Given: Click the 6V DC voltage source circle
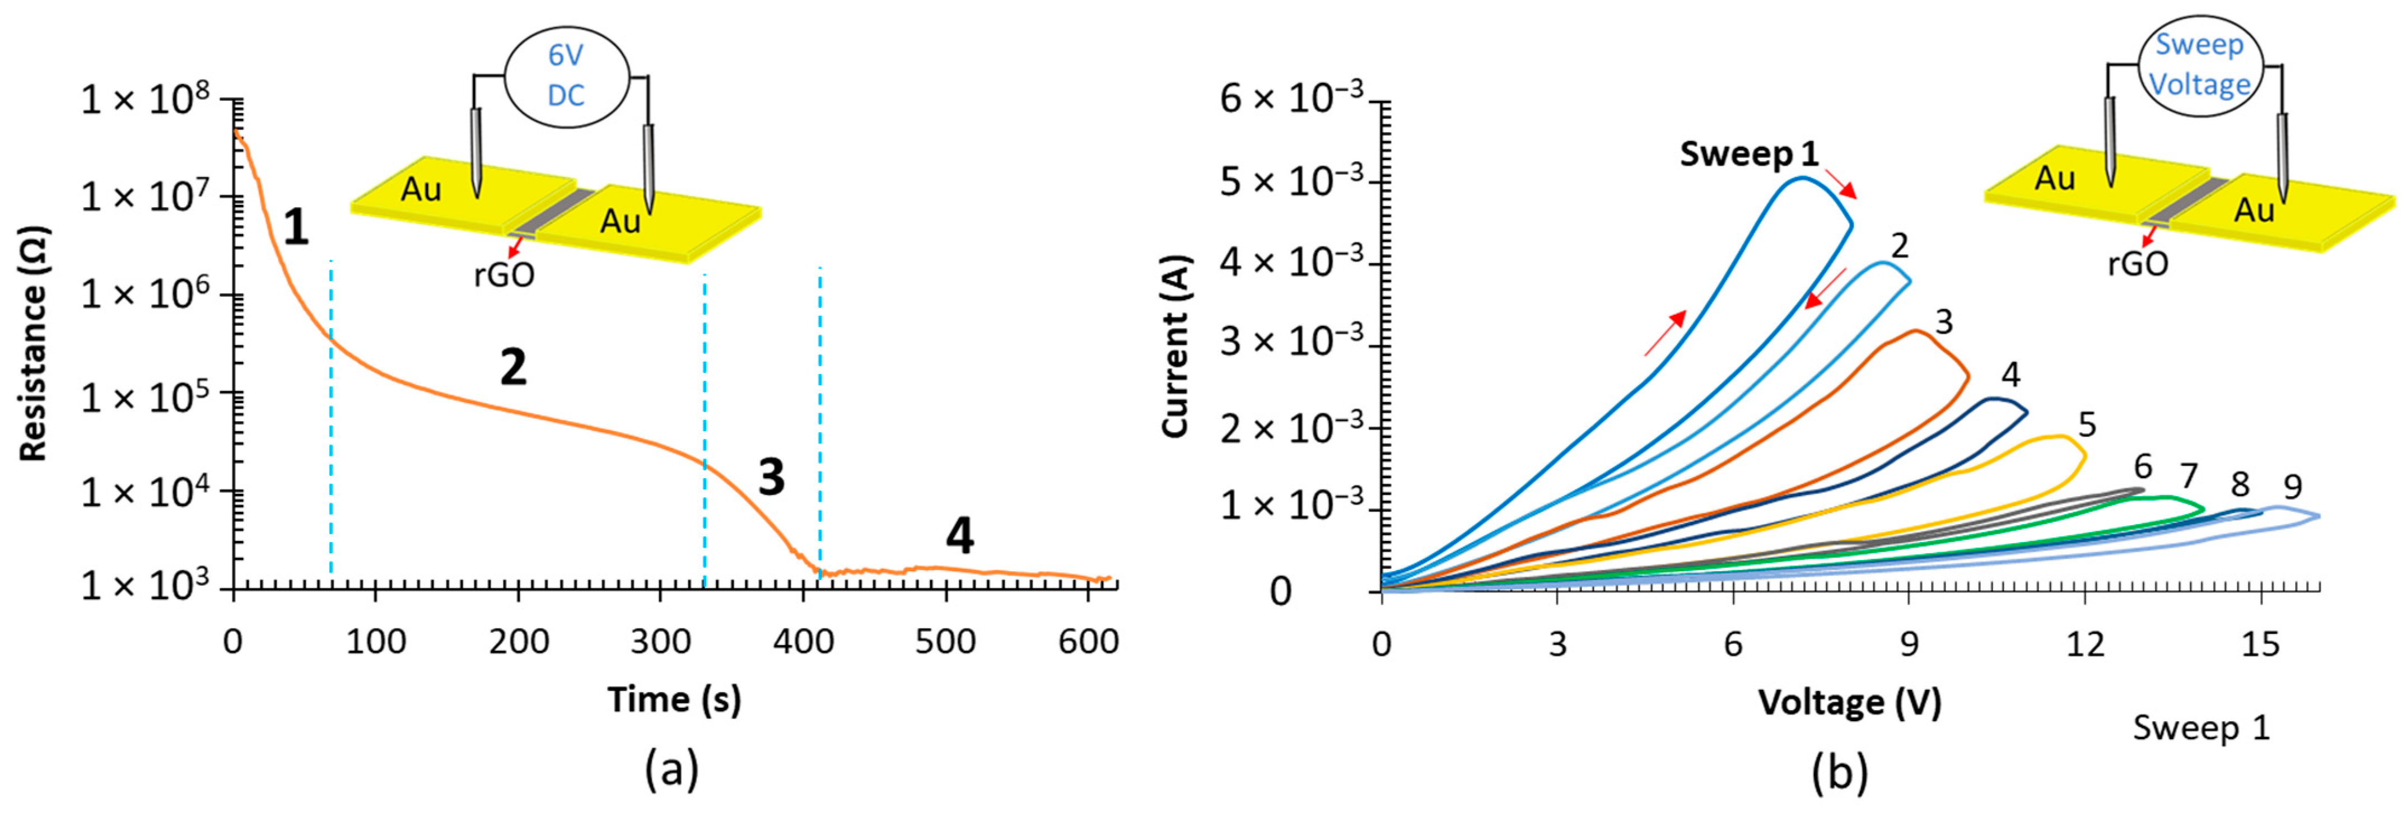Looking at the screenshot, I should coord(566,75).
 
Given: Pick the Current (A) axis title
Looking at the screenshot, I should coord(1175,346).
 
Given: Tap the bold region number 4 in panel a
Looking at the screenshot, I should coord(960,536).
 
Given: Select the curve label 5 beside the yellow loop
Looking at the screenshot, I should coord(2087,426).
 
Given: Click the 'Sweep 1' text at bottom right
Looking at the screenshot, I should coord(2200,728).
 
